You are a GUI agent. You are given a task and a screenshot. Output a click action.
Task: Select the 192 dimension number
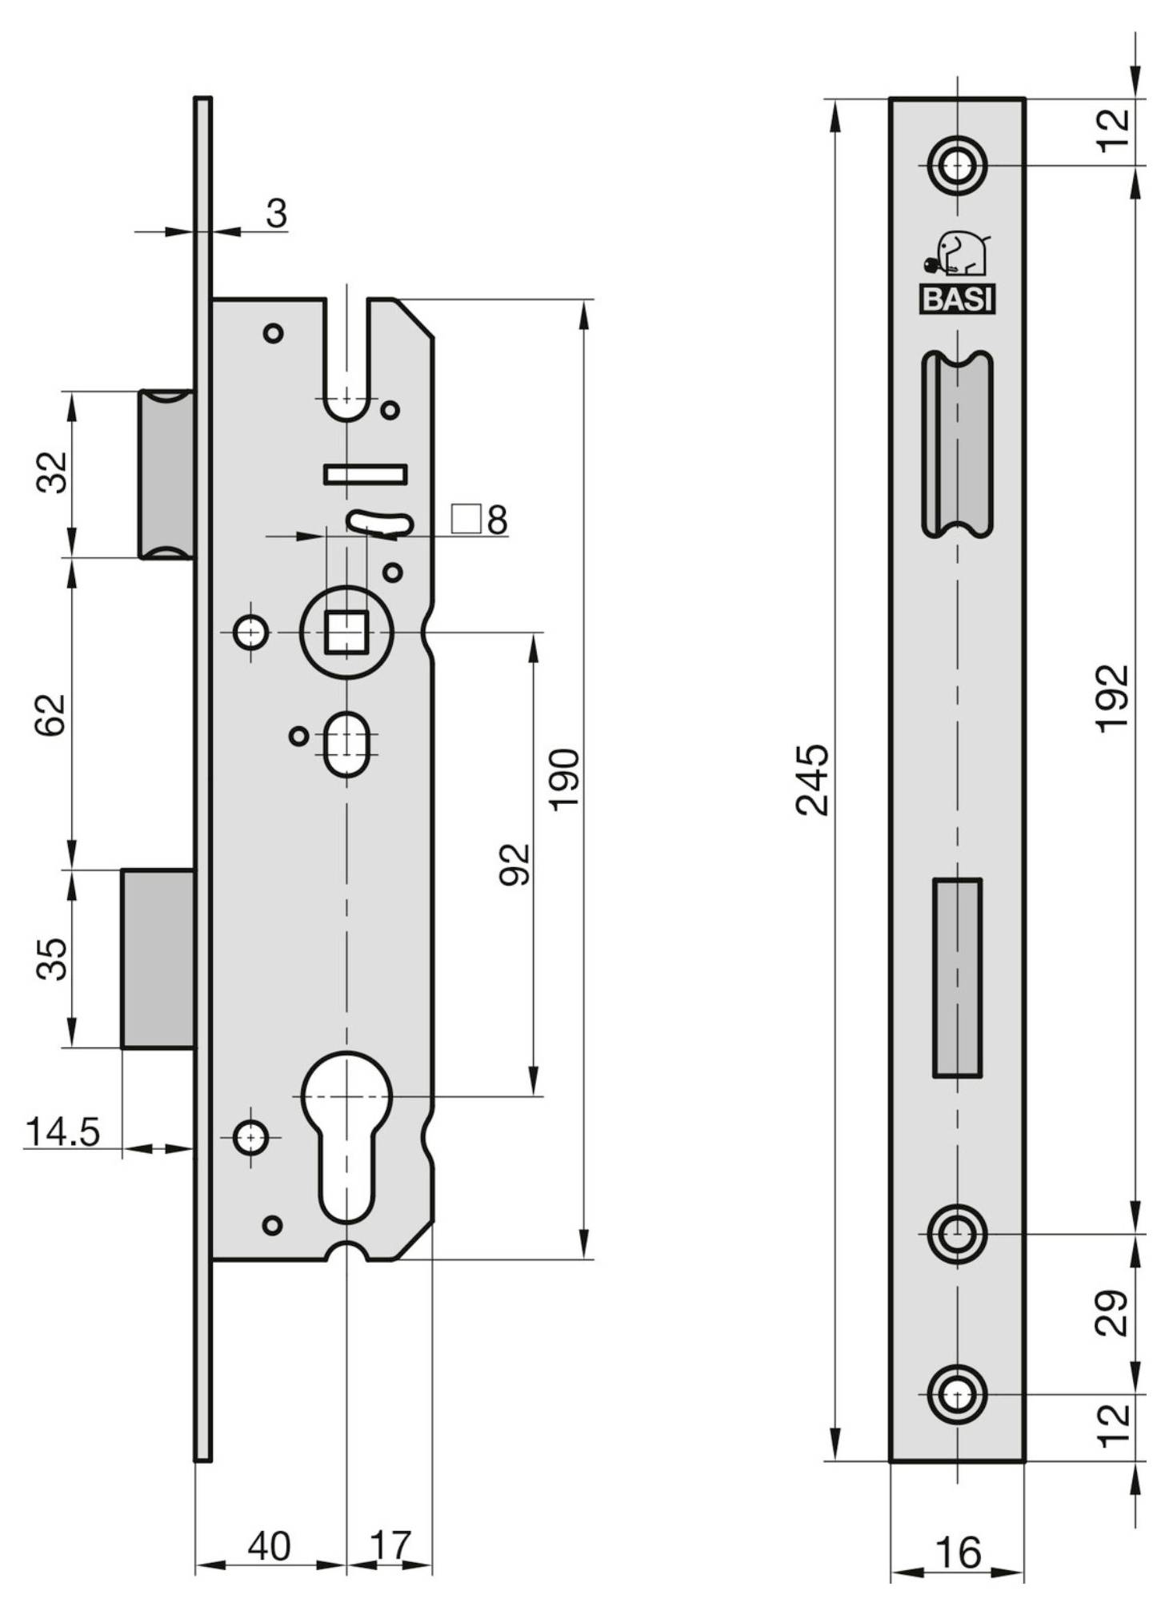click(x=1111, y=697)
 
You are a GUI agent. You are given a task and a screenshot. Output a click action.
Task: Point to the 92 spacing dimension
click(x=514, y=864)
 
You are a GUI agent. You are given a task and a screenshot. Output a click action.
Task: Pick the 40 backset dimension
click(x=269, y=1546)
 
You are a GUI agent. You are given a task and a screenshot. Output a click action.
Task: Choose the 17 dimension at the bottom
click(x=390, y=1546)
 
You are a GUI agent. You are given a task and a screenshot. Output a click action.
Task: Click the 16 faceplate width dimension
click(x=957, y=1553)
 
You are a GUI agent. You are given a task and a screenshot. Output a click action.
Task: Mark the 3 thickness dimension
click(x=276, y=214)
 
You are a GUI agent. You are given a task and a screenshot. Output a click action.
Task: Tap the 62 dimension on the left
click(x=50, y=714)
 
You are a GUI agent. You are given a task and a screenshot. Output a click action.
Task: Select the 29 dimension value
click(x=1111, y=1312)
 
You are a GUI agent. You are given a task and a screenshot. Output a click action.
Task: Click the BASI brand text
click(x=957, y=299)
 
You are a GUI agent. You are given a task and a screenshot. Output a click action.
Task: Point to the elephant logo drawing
click(x=957, y=254)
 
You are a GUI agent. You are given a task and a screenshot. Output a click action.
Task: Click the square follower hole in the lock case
click(x=346, y=632)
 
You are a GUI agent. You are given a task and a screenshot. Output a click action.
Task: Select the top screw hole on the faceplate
click(x=957, y=167)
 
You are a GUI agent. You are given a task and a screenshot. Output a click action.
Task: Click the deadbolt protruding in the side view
click(x=158, y=958)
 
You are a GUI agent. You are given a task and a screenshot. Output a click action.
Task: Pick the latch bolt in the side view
click(x=166, y=474)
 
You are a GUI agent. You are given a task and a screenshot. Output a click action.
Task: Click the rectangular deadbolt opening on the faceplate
click(x=957, y=978)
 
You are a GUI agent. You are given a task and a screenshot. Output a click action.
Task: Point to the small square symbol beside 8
click(x=466, y=519)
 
